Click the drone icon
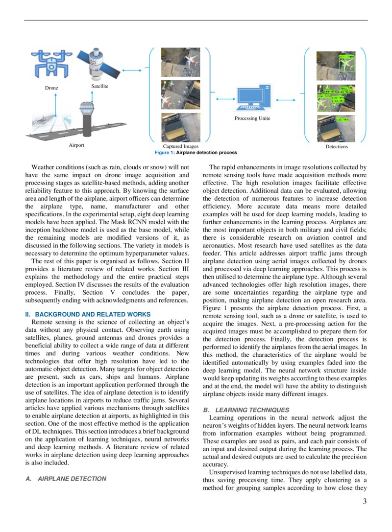click(51, 62)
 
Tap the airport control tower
click(87, 118)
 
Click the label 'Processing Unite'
click(252, 118)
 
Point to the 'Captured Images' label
click(180, 146)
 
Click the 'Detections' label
click(336, 146)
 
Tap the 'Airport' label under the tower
click(76, 145)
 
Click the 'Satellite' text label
click(99, 86)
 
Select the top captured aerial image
click(180, 62)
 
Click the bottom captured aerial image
click(180, 127)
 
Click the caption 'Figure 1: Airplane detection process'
click(196, 153)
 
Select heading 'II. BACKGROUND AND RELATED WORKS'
click(88, 314)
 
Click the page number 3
click(364, 501)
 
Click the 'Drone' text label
click(51, 88)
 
